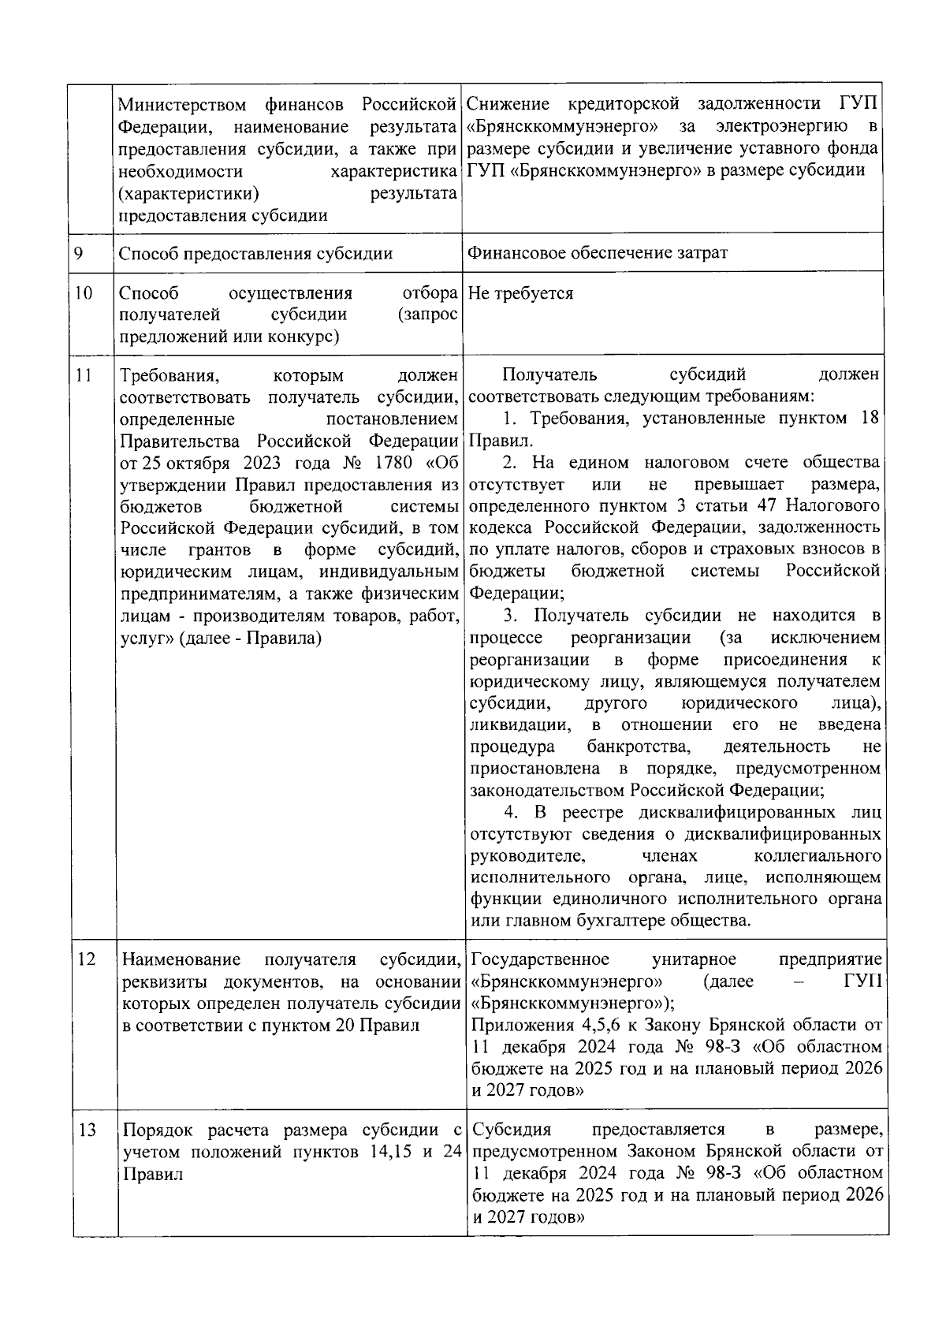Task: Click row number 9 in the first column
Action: click(79, 253)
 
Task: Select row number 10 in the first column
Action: click(83, 294)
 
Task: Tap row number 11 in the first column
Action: click(83, 375)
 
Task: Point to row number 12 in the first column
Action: click(86, 959)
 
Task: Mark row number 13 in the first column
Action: click(87, 1130)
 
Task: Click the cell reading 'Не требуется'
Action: click(520, 294)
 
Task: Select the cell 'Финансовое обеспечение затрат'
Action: click(598, 253)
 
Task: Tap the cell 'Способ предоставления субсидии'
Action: click(255, 253)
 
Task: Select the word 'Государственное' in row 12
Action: click(540, 959)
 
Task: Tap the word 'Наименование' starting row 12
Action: click(181, 959)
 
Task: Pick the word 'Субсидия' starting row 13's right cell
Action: click(512, 1130)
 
